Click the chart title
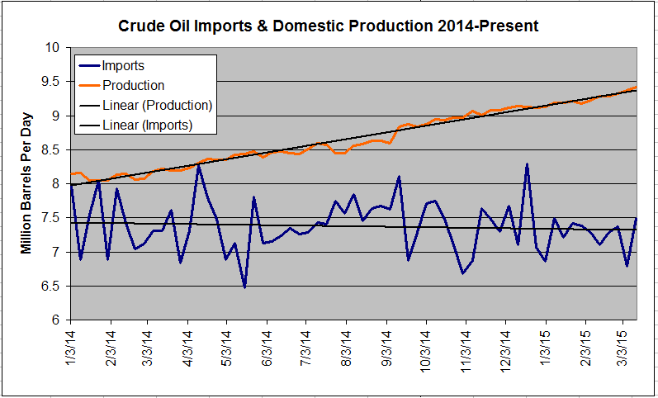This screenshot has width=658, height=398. (329, 26)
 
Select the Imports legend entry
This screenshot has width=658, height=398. (125, 65)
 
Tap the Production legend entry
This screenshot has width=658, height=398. (133, 85)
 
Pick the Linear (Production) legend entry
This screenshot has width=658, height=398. (158, 106)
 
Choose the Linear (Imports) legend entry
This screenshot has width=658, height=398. (148, 126)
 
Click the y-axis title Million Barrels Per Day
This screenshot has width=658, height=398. (26, 182)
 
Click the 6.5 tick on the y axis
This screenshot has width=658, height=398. (54, 286)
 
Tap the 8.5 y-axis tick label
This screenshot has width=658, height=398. (54, 150)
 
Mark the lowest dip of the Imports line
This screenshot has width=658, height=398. (244, 287)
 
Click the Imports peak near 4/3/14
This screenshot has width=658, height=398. (199, 165)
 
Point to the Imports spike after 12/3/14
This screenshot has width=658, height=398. (527, 165)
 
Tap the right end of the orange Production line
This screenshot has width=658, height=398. (635, 87)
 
